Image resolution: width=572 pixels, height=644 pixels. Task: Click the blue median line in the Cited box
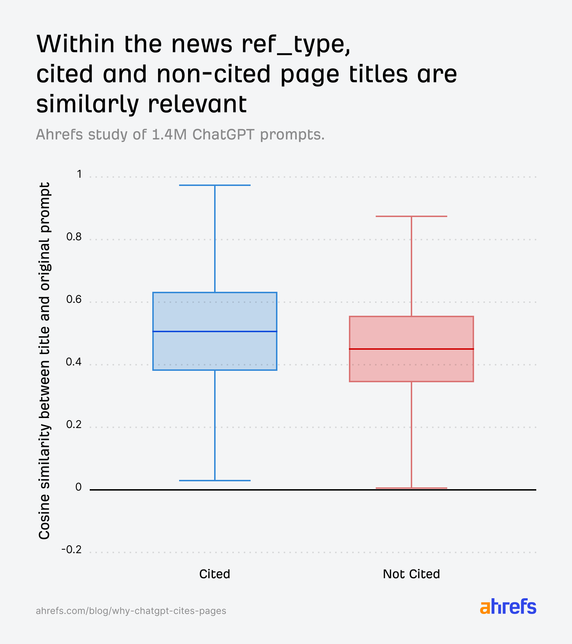[x=215, y=331]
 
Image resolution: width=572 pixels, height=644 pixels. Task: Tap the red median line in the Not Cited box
[x=411, y=349]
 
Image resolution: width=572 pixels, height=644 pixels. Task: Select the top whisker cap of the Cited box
[x=215, y=185]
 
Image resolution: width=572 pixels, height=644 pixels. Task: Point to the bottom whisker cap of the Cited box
[x=215, y=480]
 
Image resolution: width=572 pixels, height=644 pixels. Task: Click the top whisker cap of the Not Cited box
[x=411, y=216]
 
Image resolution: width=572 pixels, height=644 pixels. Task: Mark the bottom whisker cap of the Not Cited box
[x=411, y=488]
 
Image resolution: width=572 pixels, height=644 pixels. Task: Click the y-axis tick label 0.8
[x=74, y=237]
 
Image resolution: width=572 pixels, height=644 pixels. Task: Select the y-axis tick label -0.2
[x=71, y=550]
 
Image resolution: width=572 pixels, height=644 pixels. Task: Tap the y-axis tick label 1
[x=79, y=174]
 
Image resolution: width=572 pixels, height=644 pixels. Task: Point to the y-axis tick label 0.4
[x=74, y=362]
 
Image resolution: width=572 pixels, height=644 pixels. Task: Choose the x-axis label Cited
[x=214, y=574]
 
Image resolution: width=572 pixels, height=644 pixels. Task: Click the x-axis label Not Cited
[x=411, y=574]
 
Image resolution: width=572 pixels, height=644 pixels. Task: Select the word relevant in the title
[x=197, y=104]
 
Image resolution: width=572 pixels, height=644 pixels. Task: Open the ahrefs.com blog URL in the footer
[x=131, y=610]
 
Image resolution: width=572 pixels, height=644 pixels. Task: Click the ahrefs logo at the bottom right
[x=508, y=607]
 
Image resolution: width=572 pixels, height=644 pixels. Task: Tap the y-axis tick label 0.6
[x=74, y=299]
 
